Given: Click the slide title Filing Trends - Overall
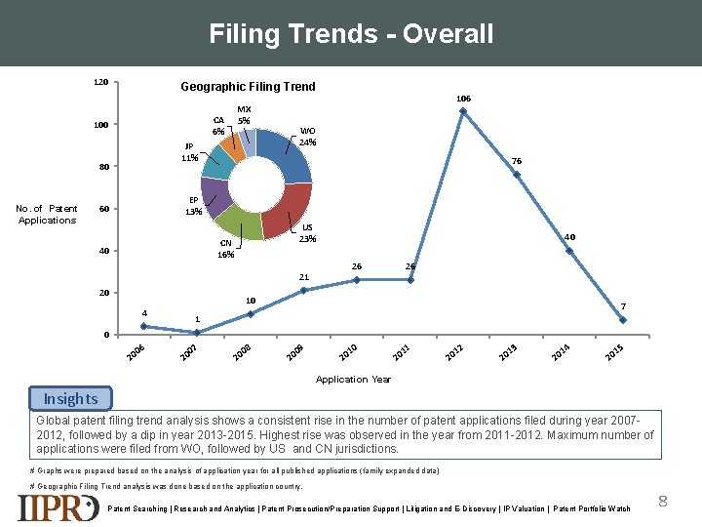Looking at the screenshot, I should [x=351, y=34].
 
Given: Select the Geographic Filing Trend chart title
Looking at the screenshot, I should [x=248, y=86].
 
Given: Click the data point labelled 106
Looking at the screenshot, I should [x=463, y=110].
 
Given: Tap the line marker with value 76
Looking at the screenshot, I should [x=517, y=175].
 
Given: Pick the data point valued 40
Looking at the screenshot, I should [x=569, y=251].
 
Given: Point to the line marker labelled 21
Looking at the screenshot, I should [x=304, y=290].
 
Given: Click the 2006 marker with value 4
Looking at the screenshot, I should [x=144, y=326].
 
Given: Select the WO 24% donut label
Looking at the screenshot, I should [x=307, y=137].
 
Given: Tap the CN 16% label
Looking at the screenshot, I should [x=227, y=249].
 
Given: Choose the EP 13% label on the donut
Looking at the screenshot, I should [x=194, y=206].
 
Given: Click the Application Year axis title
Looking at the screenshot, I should [x=354, y=379].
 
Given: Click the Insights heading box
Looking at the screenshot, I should [x=70, y=398].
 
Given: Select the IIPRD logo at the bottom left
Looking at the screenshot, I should [x=58, y=507].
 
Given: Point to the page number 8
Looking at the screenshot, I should [x=663, y=502].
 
